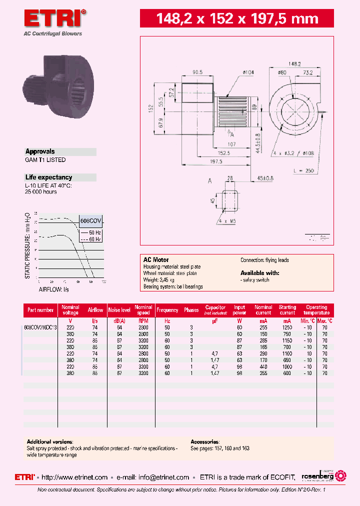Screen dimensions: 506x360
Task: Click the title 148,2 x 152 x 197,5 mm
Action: pyautogui.click(x=237, y=19)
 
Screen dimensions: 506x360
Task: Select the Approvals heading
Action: pyautogui.click(x=40, y=151)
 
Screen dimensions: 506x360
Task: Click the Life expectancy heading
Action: pyautogui.click(x=48, y=177)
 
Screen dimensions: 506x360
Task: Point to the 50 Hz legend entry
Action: pyautogui.click(x=94, y=233)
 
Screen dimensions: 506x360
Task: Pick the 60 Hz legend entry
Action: pyautogui.click(x=94, y=239)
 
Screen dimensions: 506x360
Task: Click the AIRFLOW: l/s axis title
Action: pyautogui.click(x=54, y=289)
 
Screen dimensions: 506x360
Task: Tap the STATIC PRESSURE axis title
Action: pyautogui.click(x=28, y=245)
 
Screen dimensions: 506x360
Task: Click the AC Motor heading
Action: pyautogui.click(x=156, y=260)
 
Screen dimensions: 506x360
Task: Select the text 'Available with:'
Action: pyautogui.click(x=259, y=273)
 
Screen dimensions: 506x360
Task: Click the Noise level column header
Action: pyautogui.click(x=119, y=310)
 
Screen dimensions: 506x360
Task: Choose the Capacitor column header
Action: pyautogui.click(x=215, y=309)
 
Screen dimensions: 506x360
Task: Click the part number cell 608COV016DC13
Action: pyautogui.click(x=40, y=327)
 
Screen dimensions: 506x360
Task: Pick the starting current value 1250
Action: pyautogui.click(x=287, y=327)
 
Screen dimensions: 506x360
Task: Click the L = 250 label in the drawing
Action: pyautogui.click(x=303, y=170)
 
